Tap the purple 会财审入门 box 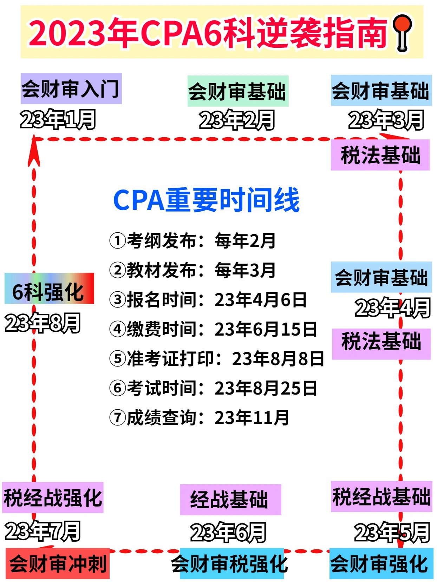pos(71,89)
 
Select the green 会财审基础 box pos(238,91)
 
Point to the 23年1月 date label pos(58,119)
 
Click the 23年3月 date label pos(386,120)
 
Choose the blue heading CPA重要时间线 pos(206,200)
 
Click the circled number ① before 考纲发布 pos(117,241)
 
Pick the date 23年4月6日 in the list pos(261,300)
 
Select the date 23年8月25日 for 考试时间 pos(266,388)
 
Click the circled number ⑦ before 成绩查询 pos(117,418)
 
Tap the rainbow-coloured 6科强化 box pos(49,289)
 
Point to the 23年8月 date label pos(43,323)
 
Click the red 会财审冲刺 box pos(58,564)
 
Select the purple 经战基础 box pos(230,500)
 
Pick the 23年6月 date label pos(228,532)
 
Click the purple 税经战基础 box pos(381,497)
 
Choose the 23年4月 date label pos(393,308)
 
